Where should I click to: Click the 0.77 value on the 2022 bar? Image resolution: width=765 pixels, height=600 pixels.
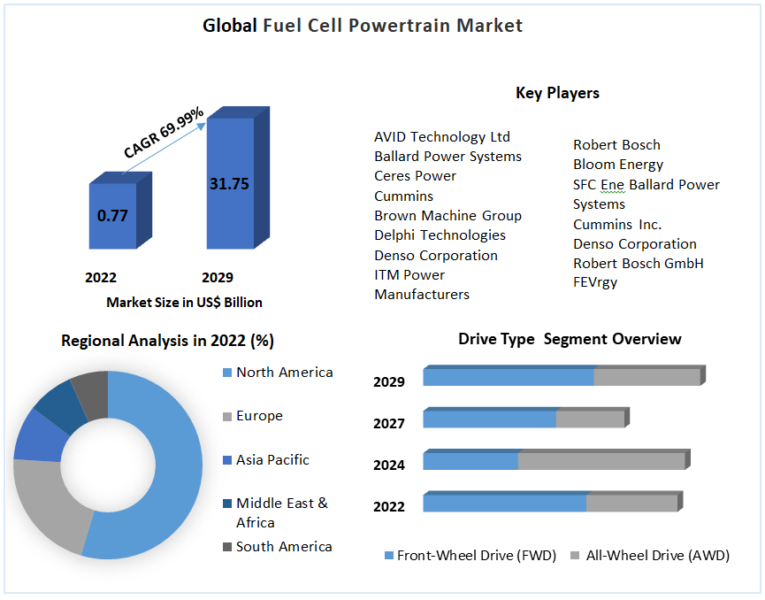click(x=112, y=215)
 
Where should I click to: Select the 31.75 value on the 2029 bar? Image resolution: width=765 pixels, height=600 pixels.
click(x=229, y=184)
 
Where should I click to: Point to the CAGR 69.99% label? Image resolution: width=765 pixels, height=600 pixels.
click(x=164, y=133)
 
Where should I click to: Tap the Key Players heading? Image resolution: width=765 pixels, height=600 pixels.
click(x=557, y=93)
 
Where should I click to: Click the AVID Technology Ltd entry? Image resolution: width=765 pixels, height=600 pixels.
click(x=441, y=137)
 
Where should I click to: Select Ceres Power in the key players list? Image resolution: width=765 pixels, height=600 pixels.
click(x=415, y=176)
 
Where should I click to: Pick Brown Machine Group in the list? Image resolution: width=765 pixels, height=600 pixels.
click(x=448, y=216)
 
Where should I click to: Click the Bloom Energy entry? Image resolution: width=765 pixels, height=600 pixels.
click(x=617, y=165)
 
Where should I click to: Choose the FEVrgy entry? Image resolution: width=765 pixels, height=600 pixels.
click(x=595, y=282)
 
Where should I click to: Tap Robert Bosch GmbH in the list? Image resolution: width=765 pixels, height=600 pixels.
click(x=638, y=263)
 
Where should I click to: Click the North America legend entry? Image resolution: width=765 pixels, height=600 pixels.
click(x=284, y=373)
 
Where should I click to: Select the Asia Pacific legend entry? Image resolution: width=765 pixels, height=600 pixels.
click(x=272, y=460)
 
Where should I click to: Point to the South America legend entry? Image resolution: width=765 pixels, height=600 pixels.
click(x=283, y=547)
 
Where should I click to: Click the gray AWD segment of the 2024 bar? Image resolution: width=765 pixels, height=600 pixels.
click(x=601, y=461)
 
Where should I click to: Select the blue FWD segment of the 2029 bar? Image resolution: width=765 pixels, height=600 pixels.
click(x=508, y=377)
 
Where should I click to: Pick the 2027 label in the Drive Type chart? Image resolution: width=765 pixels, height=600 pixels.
click(x=389, y=424)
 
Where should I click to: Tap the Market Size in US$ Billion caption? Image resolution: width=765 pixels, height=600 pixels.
click(x=184, y=303)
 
